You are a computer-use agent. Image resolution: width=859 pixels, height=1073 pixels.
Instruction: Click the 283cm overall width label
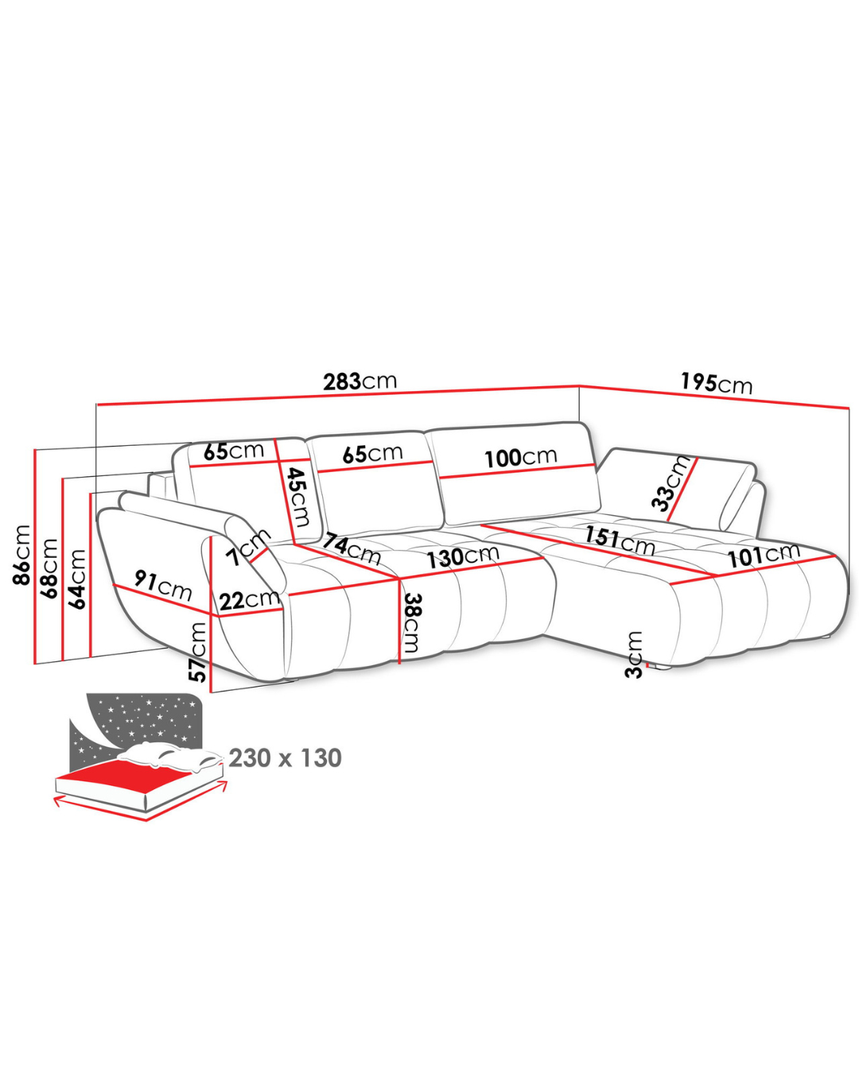pos(360,382)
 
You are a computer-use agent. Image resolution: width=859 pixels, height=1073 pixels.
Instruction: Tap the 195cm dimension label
pos(717,384)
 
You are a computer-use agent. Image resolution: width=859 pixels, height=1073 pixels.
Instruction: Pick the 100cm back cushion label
pos(521,457)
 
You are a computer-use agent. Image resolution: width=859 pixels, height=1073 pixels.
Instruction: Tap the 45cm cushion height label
pos(300,497)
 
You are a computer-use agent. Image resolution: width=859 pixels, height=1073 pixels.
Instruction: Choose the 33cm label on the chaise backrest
pos(671,483)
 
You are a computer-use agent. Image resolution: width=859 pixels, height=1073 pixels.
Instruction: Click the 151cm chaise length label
pos(620,540)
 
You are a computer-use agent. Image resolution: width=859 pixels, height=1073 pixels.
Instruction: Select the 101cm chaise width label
pos(764,556)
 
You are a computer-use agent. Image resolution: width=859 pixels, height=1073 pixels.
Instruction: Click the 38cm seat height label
pos(412,622)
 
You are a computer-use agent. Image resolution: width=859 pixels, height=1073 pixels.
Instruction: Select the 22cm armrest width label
pos(249,600)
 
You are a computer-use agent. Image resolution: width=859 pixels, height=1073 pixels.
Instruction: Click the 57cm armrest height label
pos(198,653)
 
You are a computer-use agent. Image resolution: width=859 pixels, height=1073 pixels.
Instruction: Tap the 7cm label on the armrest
pos(247,547)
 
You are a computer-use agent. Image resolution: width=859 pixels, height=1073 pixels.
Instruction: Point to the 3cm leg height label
pos(634,655)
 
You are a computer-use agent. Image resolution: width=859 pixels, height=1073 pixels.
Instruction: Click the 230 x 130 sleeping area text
pos(285,757)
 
